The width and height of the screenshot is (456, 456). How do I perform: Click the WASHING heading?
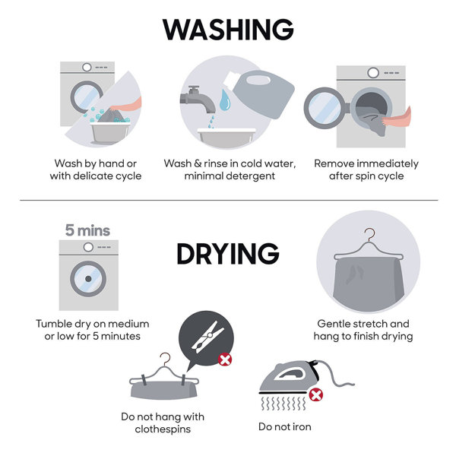click(x=228, y=30)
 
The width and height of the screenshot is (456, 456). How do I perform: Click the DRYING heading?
click(x=228, y=254)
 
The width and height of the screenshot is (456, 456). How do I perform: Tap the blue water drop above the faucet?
click(x=225, y=100)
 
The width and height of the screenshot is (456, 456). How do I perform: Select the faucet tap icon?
click(x=198, y=99)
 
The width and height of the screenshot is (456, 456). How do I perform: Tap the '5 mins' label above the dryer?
click(x=87, y=230)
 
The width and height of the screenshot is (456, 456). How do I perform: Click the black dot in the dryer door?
click(x=88, y=279)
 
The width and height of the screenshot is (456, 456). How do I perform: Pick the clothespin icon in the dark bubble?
click(x=207, y=337)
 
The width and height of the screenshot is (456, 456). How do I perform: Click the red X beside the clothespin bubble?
click(x=225, y=359)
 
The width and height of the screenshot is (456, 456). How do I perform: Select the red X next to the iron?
click(x=316, y=395)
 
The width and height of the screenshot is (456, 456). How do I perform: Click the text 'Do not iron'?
click(x=285, y=426)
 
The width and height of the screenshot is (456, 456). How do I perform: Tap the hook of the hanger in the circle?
click(x=369, y=234)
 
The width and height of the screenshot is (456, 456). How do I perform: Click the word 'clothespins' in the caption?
click(x=163, y=429)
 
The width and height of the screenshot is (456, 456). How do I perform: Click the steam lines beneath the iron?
click(x=283, y=403)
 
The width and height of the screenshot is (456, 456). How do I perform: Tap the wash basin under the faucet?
click(x=226, y=138)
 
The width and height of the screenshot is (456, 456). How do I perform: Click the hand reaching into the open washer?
click(x=397, y=118)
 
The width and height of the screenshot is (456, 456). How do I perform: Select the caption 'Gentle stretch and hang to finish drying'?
click(x=363, y=330)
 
